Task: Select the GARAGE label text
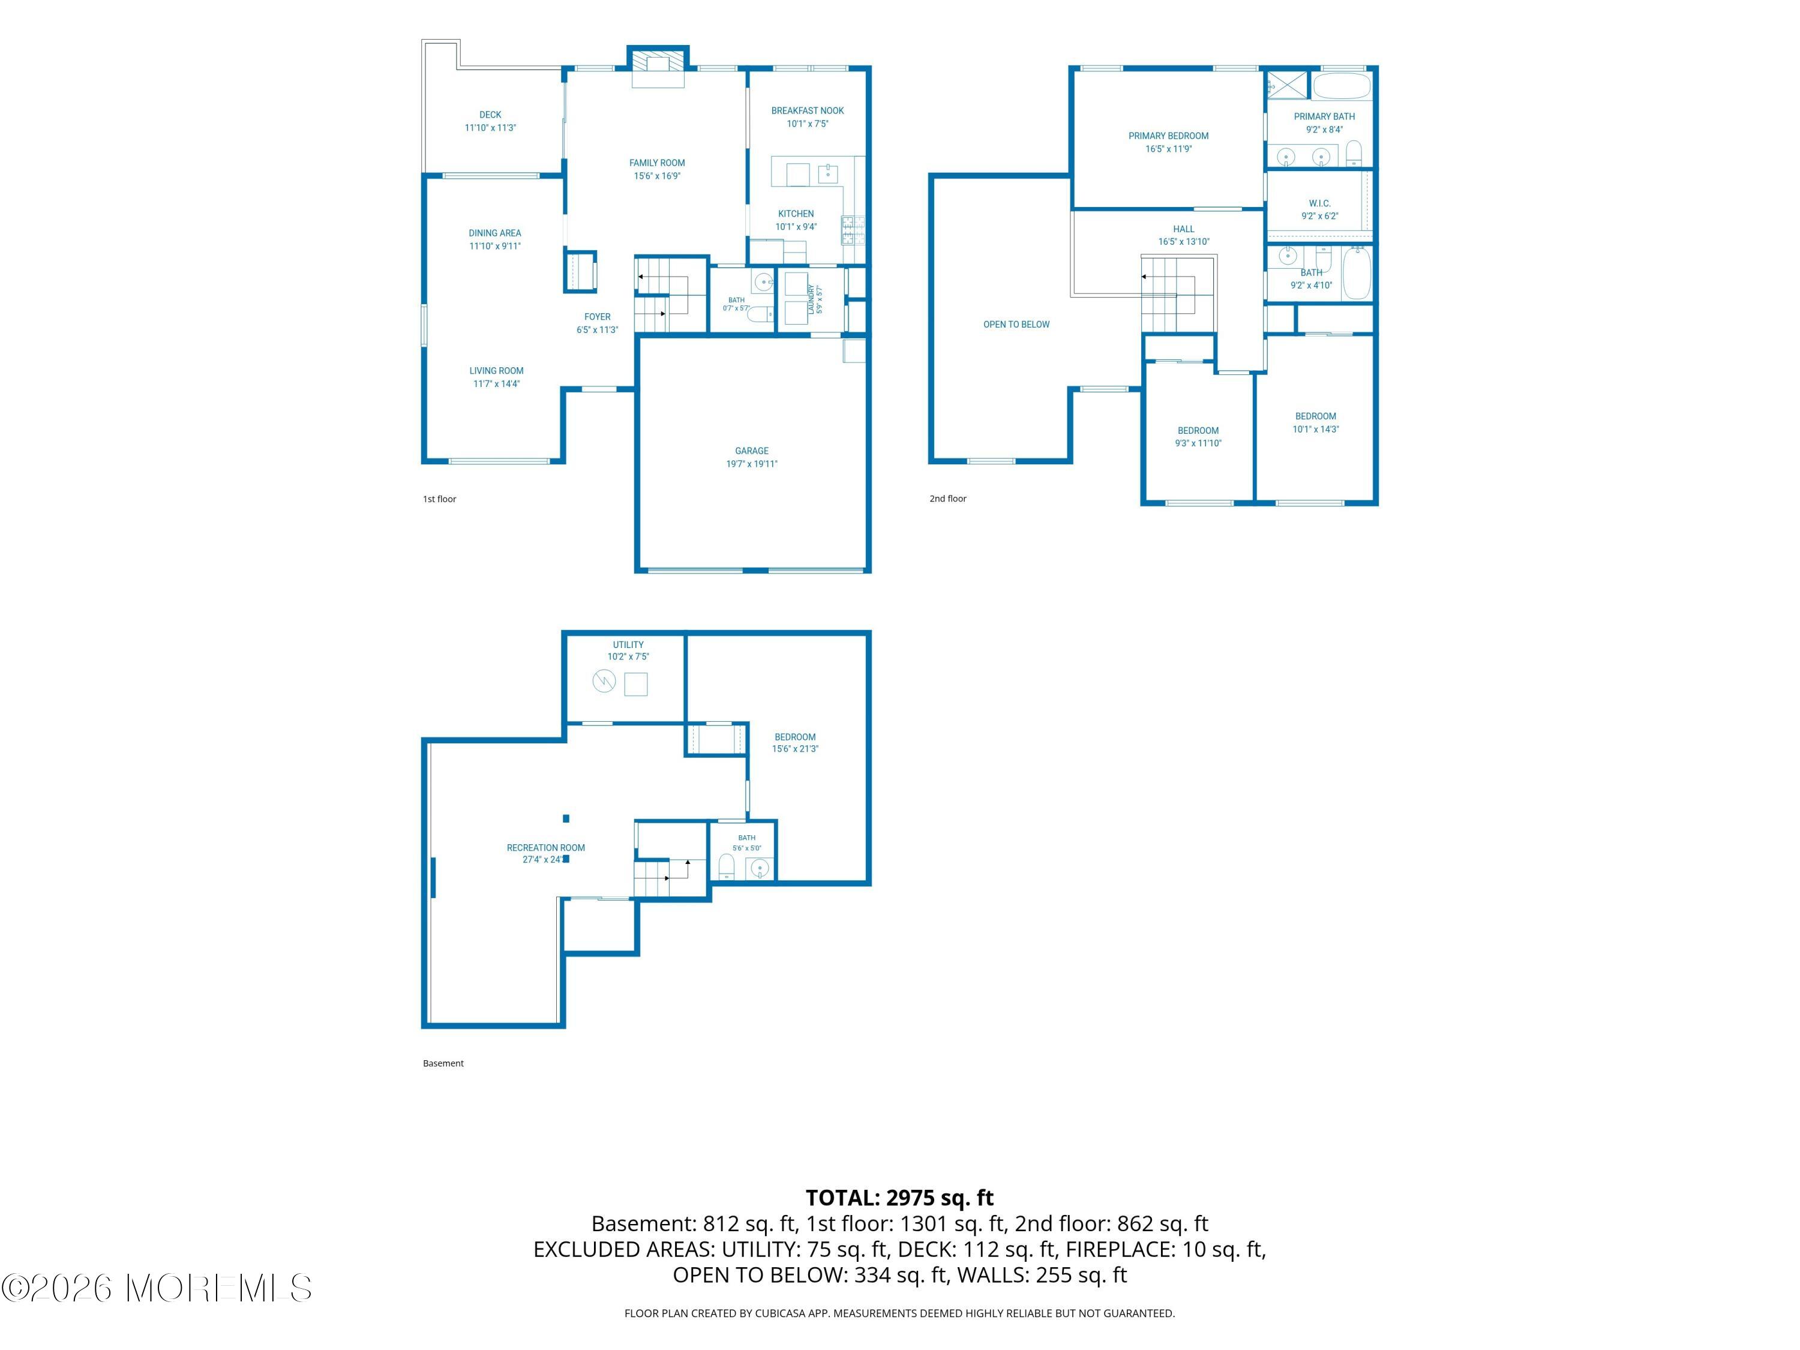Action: coord(752,451)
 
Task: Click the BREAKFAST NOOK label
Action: coord(807,110)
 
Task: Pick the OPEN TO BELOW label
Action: coord(1016,325)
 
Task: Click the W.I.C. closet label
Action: coord(1319,203)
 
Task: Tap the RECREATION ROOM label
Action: coord(545,848)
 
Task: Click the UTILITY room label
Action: coord(628,644)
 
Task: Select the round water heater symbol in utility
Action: coord(604,681)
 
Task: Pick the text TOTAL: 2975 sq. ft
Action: coord(899,1198)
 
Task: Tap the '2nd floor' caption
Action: coord(948,499)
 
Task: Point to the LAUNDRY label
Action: coord(811,299)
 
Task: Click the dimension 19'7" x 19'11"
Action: coord(752,464)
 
